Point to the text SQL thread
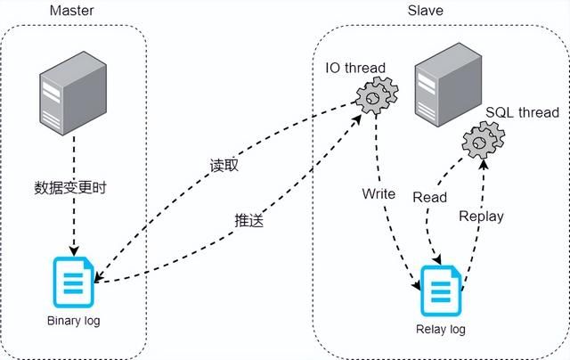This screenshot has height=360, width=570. pyautogui.click(x=522, y=112)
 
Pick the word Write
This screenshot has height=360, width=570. pyautogui.click(x=379, y=193)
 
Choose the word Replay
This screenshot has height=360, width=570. pyautogui.click(x=481, y=216)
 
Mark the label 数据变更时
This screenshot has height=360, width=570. pyautogui.click(x=69, y=188)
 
